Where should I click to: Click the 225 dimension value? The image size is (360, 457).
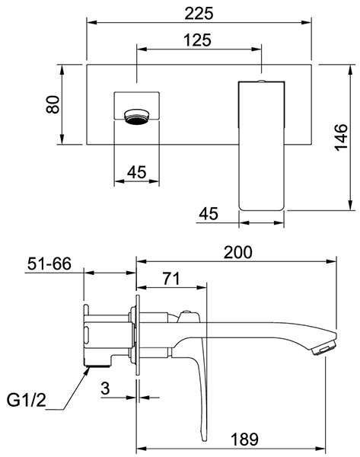(x=199, y=14)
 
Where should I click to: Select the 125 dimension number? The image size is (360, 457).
(x=197, y=40)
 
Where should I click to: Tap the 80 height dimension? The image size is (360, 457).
(x=53, y=104)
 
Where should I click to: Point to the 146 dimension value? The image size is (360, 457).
(x=341, y=137)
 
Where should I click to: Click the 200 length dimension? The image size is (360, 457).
(x=237, y=252)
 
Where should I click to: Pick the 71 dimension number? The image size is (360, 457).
(x=171, y=278)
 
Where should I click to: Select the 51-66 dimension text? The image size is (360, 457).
(x=49, y=264)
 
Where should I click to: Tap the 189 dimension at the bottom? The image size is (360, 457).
(x=244, y=439)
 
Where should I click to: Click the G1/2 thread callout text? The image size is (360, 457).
(x=27, y=400)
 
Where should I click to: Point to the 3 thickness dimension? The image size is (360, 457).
(x=105, y=388)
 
